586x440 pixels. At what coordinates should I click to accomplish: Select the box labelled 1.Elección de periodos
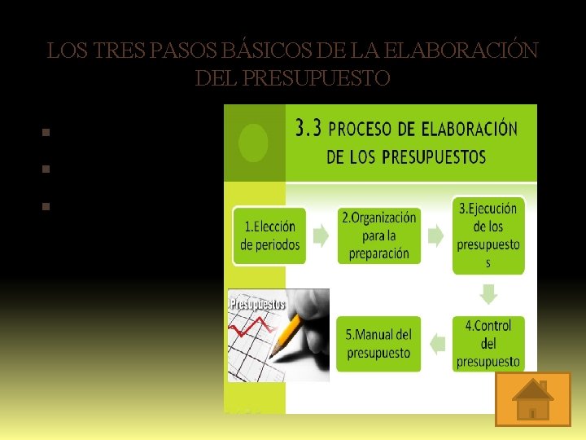click(x=269, y=235)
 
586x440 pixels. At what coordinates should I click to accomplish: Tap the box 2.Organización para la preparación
click(x=378, y=235)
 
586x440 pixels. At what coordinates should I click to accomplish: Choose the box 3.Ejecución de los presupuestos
click(x=488, y=235)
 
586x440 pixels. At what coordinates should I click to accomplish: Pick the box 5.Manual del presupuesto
click(x=378, y=344)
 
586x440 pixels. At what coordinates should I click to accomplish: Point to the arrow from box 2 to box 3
click(x=435, y=236)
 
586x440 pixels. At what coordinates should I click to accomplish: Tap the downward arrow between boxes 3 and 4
click(x=489, y=294)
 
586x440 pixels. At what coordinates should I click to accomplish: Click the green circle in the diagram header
click(x=254, y=143)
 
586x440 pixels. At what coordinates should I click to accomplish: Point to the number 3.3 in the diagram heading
click(x=309, y=129)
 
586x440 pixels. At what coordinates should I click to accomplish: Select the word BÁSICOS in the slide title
click(x=260, y=51)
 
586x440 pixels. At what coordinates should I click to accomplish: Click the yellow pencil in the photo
click(x=286, y=335)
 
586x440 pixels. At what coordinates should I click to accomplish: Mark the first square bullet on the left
click(x=46, y=131)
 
